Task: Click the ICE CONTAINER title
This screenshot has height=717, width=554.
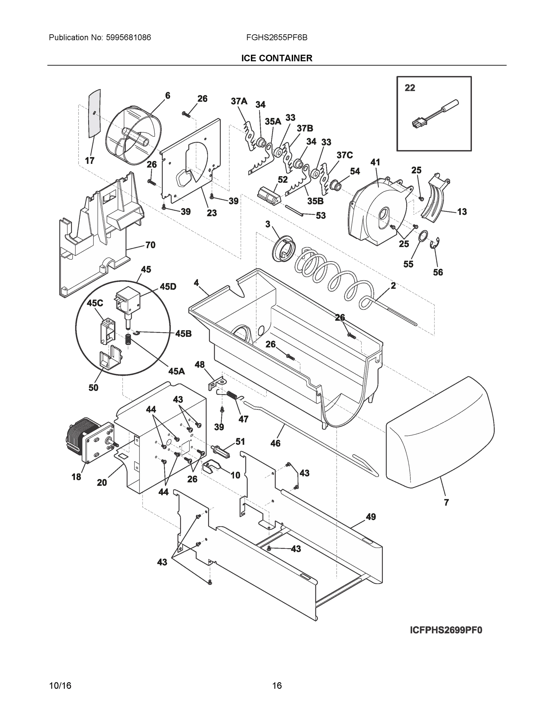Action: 277,58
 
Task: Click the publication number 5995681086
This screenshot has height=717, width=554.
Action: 128,38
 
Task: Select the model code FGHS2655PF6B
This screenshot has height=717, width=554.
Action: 277,38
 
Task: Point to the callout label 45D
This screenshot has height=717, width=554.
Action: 168,287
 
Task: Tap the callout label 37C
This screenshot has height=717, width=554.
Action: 345,155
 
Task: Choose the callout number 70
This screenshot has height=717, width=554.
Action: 150,245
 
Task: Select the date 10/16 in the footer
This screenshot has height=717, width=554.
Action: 60,686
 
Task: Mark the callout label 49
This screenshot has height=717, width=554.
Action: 371,517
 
